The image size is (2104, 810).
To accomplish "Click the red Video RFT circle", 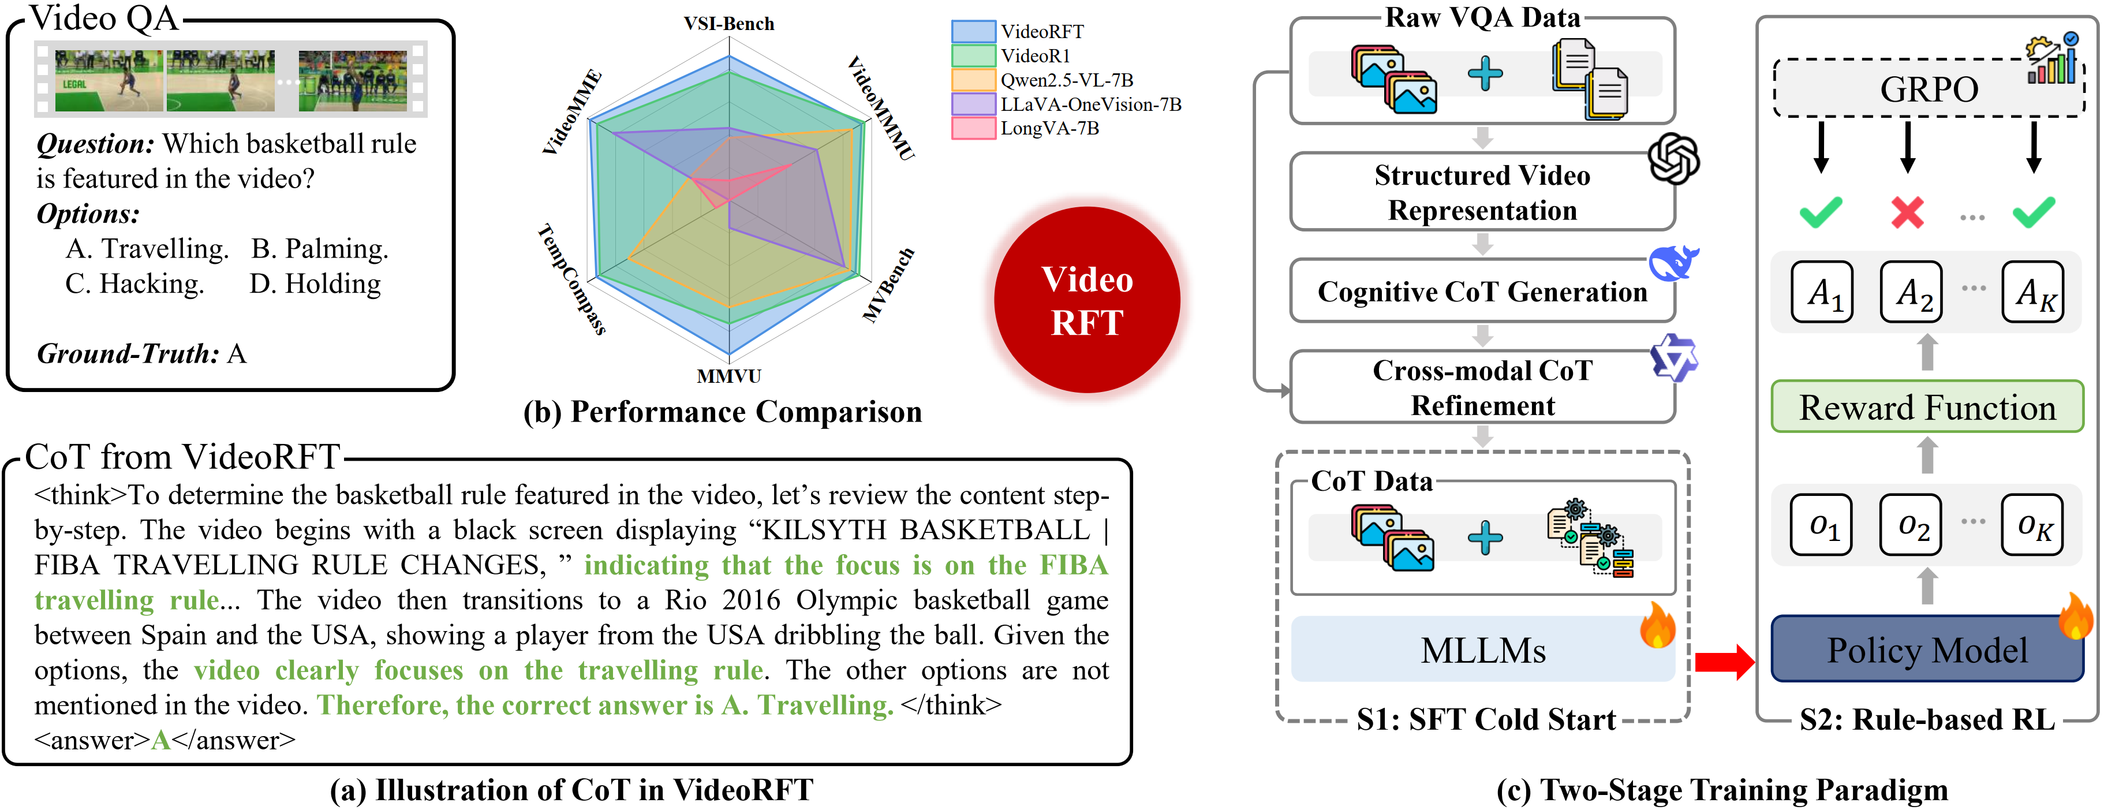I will tap(1086, 300).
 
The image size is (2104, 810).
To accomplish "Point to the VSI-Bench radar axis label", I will tap(728, 24).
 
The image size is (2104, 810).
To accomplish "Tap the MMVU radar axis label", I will tap(728, 376).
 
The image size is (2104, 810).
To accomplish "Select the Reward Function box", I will tap(1927, 406).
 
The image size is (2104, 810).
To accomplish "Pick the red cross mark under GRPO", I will tap(1907, 212).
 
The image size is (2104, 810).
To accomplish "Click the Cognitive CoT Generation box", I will tap(1482, 292).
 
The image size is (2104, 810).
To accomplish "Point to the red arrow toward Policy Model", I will tap(1724, 662).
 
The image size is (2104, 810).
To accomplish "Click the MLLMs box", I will tap(1482, 650).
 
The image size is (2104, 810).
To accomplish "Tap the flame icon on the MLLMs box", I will tap(1657, 625).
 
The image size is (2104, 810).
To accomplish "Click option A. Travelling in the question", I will tap(147, 248).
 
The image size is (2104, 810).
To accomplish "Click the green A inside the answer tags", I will tap(161, 740).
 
